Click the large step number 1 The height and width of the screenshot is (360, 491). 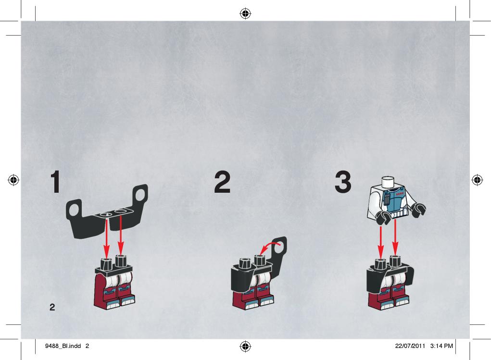56,182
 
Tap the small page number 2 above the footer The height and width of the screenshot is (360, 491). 52,307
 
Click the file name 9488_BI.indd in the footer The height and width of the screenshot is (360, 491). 63,346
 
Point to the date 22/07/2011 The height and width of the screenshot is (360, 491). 410,346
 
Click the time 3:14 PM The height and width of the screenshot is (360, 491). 441,346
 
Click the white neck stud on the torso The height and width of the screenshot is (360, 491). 388,181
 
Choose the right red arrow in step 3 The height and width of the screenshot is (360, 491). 395,238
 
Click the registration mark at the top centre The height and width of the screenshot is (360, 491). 245,14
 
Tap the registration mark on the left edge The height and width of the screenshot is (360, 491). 13,180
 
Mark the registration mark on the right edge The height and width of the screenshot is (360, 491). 477,180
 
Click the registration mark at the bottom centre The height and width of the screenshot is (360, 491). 245,347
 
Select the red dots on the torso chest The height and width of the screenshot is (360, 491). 400,194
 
